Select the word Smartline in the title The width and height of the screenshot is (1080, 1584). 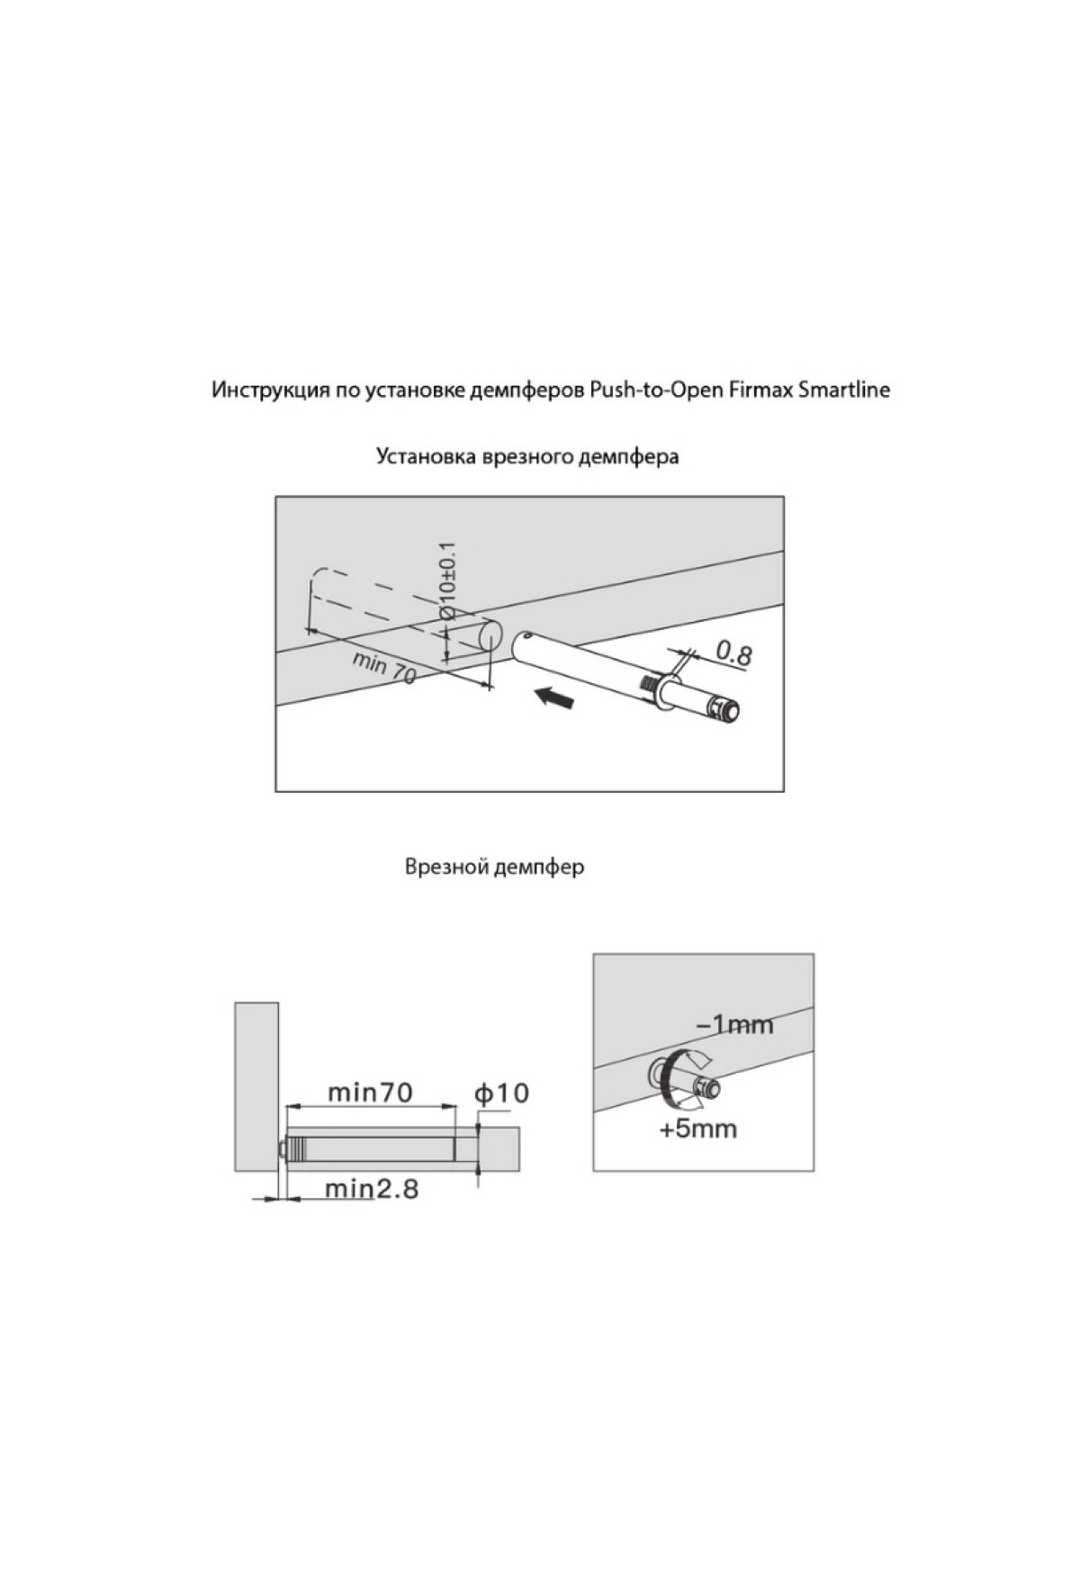point(845,391)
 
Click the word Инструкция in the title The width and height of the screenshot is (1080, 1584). point(261,391)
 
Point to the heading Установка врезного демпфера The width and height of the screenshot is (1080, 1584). point(527,457)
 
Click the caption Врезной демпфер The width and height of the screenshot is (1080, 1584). point(494,868)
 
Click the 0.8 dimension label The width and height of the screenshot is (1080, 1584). point(733,652)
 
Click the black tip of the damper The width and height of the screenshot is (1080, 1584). point(732,711)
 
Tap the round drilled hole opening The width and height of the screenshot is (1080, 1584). point(488,635)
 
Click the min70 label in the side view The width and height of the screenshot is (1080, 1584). point(370,1093)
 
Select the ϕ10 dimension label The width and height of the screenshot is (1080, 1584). point(501,1093)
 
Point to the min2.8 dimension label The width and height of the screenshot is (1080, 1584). point(372,1189)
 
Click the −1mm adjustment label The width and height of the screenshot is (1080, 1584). point(734,1025)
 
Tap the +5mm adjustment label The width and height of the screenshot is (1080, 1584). point(697,1129)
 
